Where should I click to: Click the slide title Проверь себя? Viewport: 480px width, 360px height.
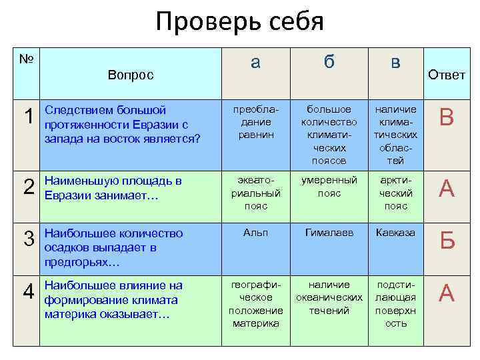239,22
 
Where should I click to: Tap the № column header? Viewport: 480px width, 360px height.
27,59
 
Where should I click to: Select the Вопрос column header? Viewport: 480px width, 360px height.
131,75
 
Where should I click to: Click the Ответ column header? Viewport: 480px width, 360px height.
447,75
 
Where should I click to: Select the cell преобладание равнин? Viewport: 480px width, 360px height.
256,122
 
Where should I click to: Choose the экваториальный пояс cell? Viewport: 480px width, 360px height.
255,193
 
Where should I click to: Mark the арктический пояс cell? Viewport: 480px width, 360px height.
396,193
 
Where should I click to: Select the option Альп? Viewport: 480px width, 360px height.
256,233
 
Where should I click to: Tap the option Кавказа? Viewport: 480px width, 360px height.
396,233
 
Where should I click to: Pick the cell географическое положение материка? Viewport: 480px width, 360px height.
256,304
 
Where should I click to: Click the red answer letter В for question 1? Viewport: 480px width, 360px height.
447,119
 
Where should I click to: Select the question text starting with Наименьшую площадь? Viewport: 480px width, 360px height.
113,187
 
